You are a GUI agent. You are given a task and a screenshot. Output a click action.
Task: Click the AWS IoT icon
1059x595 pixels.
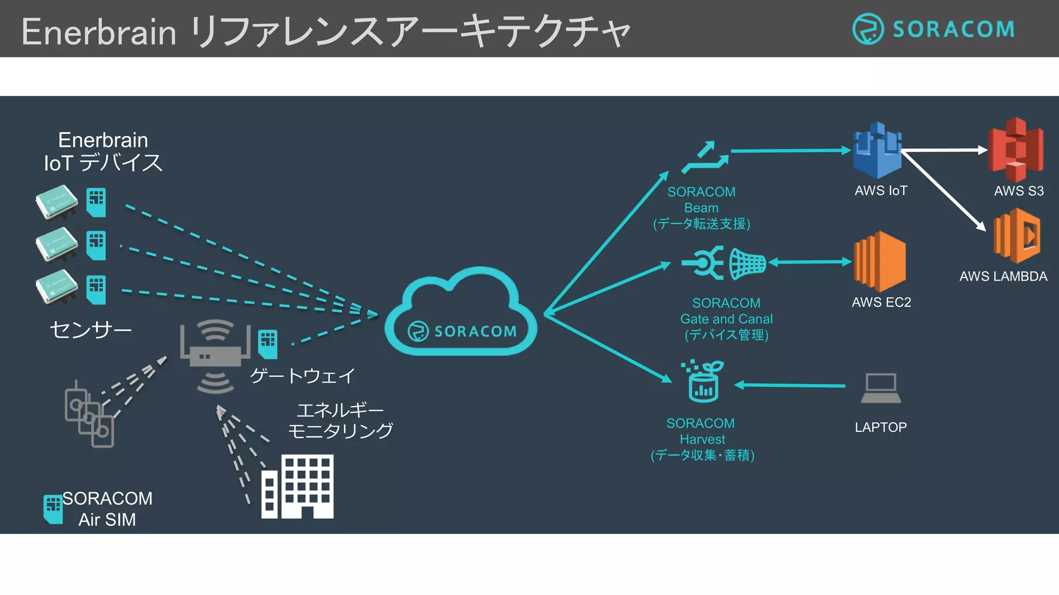pos(877,151)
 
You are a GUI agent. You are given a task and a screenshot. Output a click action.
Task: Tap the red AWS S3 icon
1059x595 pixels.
pos(1016,150)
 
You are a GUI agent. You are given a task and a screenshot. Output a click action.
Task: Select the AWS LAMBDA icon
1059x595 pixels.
pos(1017,236)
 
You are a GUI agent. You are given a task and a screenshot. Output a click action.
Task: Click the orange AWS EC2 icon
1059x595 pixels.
pos(880,261)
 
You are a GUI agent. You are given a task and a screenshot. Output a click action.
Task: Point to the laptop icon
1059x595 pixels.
pos(881,388)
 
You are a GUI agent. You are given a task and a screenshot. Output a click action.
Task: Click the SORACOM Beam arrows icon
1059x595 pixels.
pos(705,158)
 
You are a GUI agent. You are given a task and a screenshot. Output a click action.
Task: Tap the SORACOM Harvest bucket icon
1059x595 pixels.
pos(703,382)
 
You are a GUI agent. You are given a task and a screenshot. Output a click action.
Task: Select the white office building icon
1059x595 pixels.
pos(298,487)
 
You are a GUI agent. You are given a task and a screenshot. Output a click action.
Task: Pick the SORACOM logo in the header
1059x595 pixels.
pos(933,29)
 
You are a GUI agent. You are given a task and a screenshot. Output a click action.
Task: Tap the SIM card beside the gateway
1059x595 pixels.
pos(268,344)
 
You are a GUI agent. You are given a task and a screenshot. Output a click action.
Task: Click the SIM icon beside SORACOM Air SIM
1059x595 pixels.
pos(53,509)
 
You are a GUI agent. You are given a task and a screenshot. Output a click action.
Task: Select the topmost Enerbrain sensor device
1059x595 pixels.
pos(57,202)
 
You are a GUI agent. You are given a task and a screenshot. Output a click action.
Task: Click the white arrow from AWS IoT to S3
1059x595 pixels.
pos(944,150)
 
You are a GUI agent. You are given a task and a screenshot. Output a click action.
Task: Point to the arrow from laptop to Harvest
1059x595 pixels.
pos(790,385)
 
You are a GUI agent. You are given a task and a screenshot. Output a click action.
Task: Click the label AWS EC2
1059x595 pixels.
pos(881,302)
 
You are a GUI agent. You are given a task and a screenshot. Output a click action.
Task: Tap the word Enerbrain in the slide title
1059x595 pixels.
pos(99,32)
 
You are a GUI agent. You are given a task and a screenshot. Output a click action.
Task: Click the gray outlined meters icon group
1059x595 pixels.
pos(89,414)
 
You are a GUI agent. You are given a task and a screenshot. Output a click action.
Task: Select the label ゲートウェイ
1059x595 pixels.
pos(302,375)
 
